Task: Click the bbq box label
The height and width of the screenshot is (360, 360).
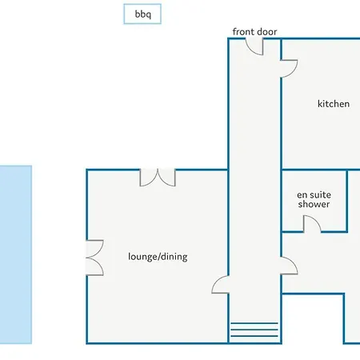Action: pos(143,14)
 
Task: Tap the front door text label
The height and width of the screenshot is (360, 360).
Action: pos(254,32)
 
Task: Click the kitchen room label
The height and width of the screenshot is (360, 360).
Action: pos(334,103)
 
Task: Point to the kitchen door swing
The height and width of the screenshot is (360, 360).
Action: pos(289,69)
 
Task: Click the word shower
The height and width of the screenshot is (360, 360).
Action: pos(314,204)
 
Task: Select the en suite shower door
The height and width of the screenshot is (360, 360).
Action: pos(312,224)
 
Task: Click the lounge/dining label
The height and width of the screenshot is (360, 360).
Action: pos(158,257)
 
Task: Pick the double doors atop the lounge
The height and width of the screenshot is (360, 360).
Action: pos(158,178)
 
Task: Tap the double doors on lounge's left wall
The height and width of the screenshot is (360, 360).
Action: pos(94,258)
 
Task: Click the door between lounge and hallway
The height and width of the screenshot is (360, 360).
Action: pos(220,285)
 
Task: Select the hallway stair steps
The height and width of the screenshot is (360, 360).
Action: pos(254,330)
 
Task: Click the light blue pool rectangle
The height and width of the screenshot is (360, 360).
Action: pos(16,254)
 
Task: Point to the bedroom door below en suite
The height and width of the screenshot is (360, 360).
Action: pos(289,266)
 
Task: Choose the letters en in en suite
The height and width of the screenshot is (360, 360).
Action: pos(302,195)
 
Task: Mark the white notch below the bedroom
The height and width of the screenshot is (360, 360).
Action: pos(313,319)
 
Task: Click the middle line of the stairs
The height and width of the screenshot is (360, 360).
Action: pos(254,330)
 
